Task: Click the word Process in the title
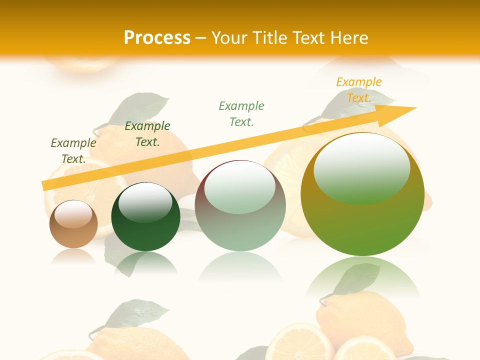click(157, 37)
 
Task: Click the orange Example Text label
click(359, 90)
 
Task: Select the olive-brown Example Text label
click(73, 151)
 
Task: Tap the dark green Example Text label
click(147, 134)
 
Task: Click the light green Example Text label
click(241, 113)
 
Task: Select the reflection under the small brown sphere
click(73, 256)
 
